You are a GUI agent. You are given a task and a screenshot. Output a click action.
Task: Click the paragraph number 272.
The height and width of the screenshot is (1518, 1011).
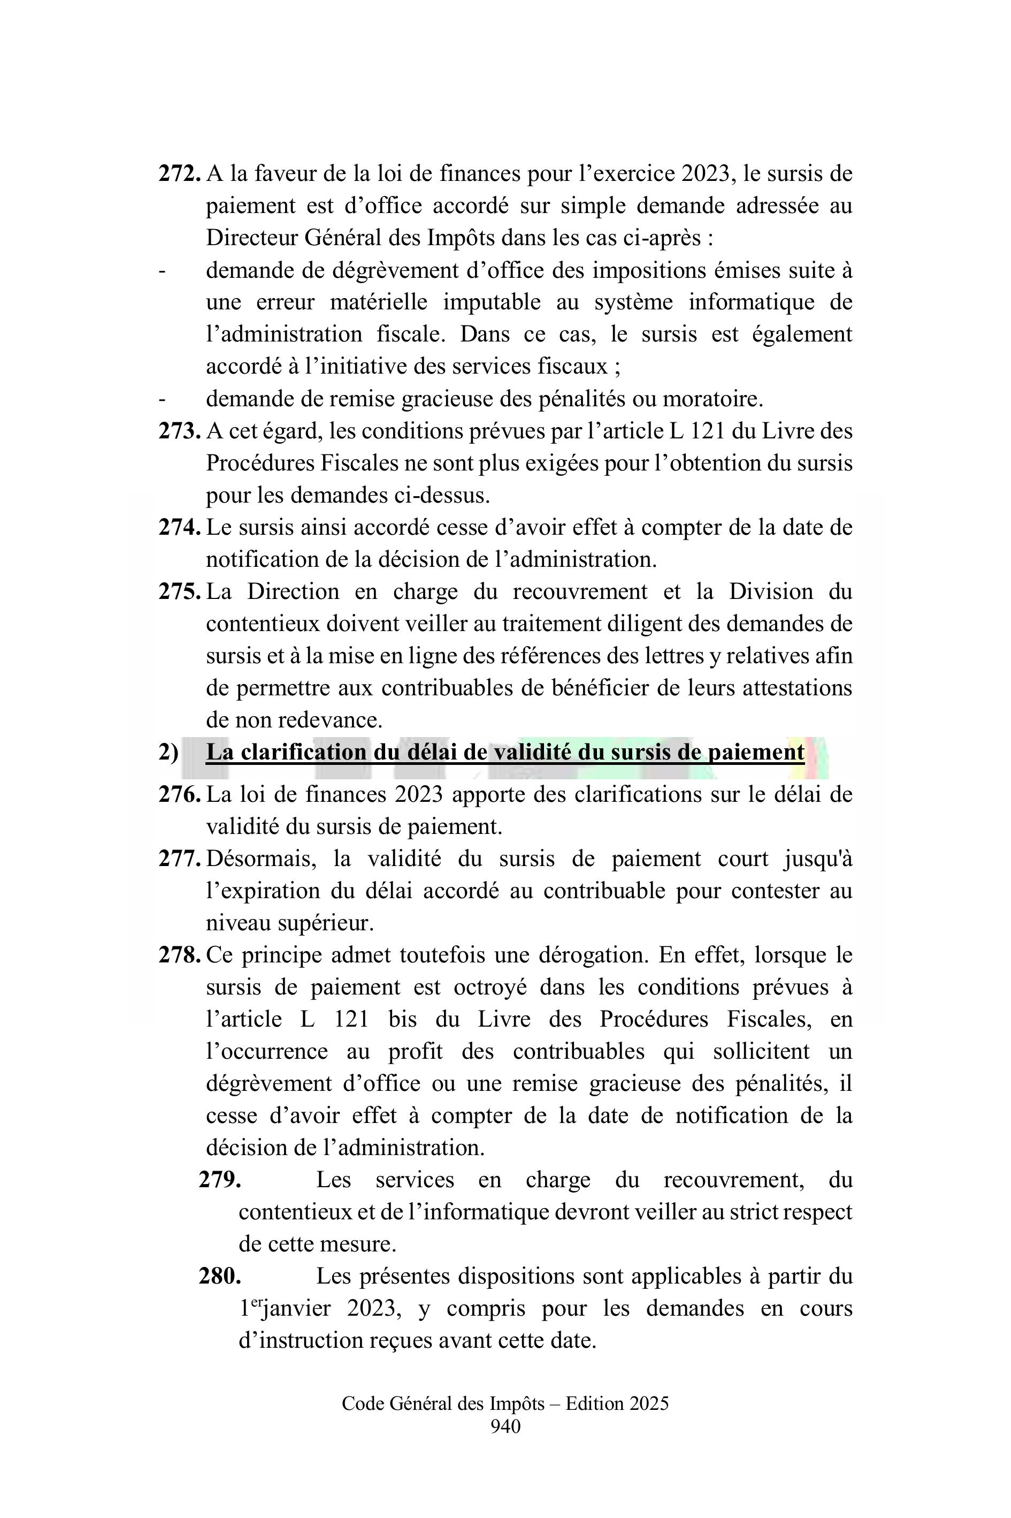tap(179, 173)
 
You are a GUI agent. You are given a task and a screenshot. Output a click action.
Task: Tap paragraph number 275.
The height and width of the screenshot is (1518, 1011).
tap(179, 591)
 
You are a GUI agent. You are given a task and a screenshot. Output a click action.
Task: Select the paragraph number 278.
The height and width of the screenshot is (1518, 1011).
tap(179, 955)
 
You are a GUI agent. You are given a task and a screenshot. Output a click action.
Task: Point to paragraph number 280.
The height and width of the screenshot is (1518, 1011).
tap(220, 1276)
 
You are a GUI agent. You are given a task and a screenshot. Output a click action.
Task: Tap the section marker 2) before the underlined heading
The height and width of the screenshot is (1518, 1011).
tap(168, 752)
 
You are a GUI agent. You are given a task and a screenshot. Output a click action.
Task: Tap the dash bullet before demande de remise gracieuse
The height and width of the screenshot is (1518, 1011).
tap(162, 399)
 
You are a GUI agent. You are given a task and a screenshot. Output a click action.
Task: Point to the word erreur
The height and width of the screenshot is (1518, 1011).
tap(286, 302)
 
